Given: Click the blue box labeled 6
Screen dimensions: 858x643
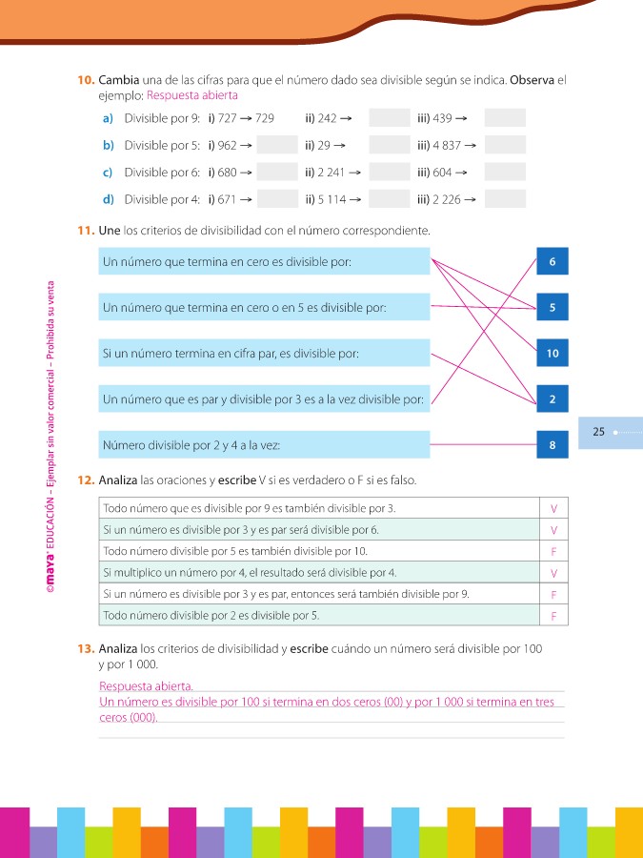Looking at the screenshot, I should (x=553, y=261).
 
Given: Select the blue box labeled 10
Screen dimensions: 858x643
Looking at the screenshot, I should (x=553, y=354).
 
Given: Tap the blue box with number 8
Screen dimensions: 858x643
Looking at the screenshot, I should (x=553, y=445).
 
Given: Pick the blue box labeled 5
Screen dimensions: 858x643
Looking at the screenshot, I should (x=553, y=307).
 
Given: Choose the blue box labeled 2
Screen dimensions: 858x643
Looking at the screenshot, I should (x=553, y=399).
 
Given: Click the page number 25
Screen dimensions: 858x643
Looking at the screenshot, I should (x=599, y=432).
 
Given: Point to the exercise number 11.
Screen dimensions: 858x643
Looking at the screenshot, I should (x=85, y=231).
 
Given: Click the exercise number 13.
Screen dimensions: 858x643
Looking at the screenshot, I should (x=85, y=648).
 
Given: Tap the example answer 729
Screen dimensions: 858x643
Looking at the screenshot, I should (x=265, y=118).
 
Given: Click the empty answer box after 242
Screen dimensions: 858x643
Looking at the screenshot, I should (x=389, y=118).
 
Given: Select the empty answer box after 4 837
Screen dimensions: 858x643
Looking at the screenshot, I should (x=505, y=145).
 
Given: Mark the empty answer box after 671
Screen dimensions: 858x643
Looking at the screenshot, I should (x=278, y=199).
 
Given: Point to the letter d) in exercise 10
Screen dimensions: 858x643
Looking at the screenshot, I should (x=108, y=199).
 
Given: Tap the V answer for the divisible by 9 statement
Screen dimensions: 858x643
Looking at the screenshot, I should (x=553, y=509).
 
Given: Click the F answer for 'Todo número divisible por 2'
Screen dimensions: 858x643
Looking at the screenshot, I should (x=553, y=616).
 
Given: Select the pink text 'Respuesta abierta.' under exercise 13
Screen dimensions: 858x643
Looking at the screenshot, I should (x=147, y=686).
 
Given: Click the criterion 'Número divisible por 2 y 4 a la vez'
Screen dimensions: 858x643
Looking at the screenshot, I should (x=191, y=445).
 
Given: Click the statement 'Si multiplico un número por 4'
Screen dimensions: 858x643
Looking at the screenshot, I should (x=248, y=573).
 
